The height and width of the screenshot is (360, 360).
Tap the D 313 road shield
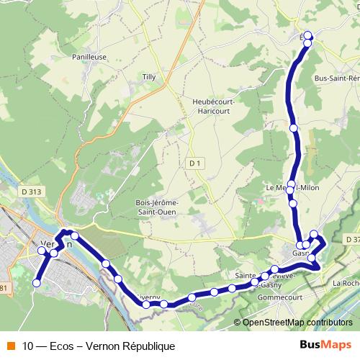click(32, 192)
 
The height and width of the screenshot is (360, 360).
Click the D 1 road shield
click(194, 163)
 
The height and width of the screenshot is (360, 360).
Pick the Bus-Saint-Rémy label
click(337, 78)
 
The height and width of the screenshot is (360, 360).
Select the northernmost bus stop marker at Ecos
click(308, 35)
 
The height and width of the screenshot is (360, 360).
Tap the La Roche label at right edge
click(345, 284)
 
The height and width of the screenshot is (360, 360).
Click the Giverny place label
click(148, 295)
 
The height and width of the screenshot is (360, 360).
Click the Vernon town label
click(57, 243)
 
